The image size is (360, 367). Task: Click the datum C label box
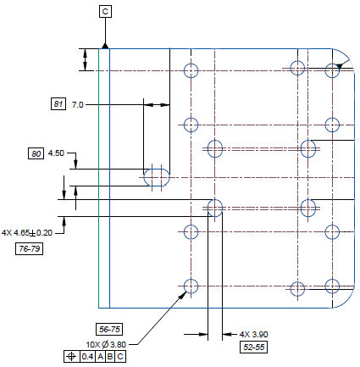[x=105, y=12]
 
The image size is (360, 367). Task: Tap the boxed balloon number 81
[x=58, y=104]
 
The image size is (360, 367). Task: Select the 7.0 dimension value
[x=77, y=105]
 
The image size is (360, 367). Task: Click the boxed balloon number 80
[x=36, y=153]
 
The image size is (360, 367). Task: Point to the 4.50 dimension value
[x=56, y=153]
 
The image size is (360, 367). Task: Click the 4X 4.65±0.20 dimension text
[x=27, y=233]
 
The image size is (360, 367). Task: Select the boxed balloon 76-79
[x=30, y=248]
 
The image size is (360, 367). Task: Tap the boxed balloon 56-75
[x=109, y=329]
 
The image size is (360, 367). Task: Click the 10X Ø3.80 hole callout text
[x=106, y=345]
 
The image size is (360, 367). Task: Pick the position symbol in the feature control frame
[x=71, y=357]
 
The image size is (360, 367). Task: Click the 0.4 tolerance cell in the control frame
[x=87, y=357]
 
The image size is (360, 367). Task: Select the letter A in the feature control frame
[x=101, y=357]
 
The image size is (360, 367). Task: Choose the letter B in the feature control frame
[x=110, y=357]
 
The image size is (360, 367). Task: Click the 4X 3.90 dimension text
[x=253, y=335]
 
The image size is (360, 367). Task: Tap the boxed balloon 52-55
[x=253, y=347]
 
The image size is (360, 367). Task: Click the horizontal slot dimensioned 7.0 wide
[x=157, y=177]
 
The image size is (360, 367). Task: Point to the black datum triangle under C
[x=105, y=46]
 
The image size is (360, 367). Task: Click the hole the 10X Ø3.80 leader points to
[x=191, y=286]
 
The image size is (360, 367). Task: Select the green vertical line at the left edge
[x=98, y=178]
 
